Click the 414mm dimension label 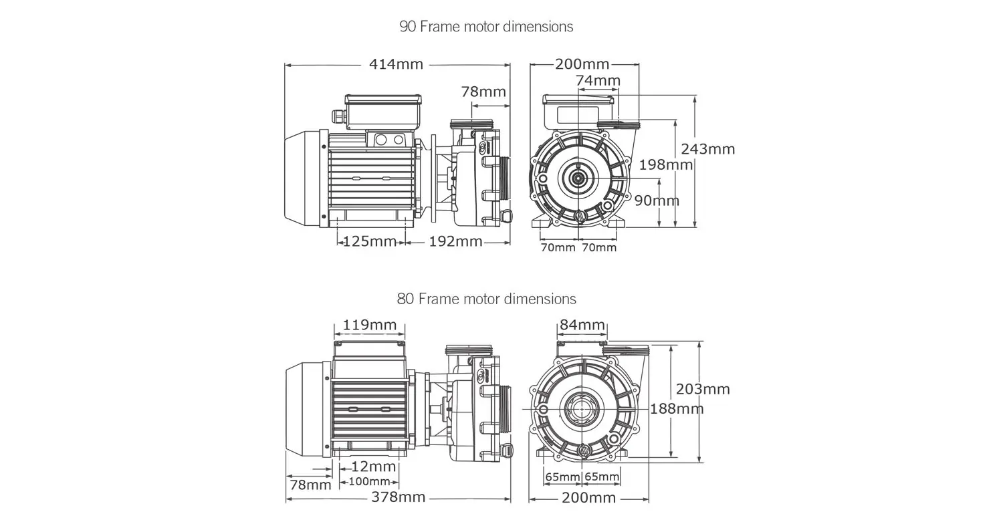pyautogui.click(x=397, y=65)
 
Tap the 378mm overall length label pyautogui.click(x=399, y=497)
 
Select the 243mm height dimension pyautogui.click(x=707, y=149)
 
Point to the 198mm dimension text pyautogui.click(x=665, y=164)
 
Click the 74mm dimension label pyautogui.click(x=598, y=81)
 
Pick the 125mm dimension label pyautogui.click(x=370, y=241)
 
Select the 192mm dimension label pyautogui.click(x=455, y=241)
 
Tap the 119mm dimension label pyautogui.click(x=370, y=325)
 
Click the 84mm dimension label pyautogui.click(x=582, y=325)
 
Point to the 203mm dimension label pyautogui.click(x=703, y=389)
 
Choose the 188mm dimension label pyautogui.click(x=677, y=408)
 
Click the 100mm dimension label pyautogui.click(x=369, y=482)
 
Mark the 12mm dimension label pyautogui.click(x=374, y=467)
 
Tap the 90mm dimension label pyautogui.click(x=657, y=201)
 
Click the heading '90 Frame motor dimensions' pyautogui.click(x=486, y=27)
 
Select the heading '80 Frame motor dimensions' pyautogui.click(x=486, y=299)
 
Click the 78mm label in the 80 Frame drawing pyautogui.click(x=310, y=485)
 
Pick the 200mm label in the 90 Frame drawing pyautogui.click(x=582, y=64)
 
